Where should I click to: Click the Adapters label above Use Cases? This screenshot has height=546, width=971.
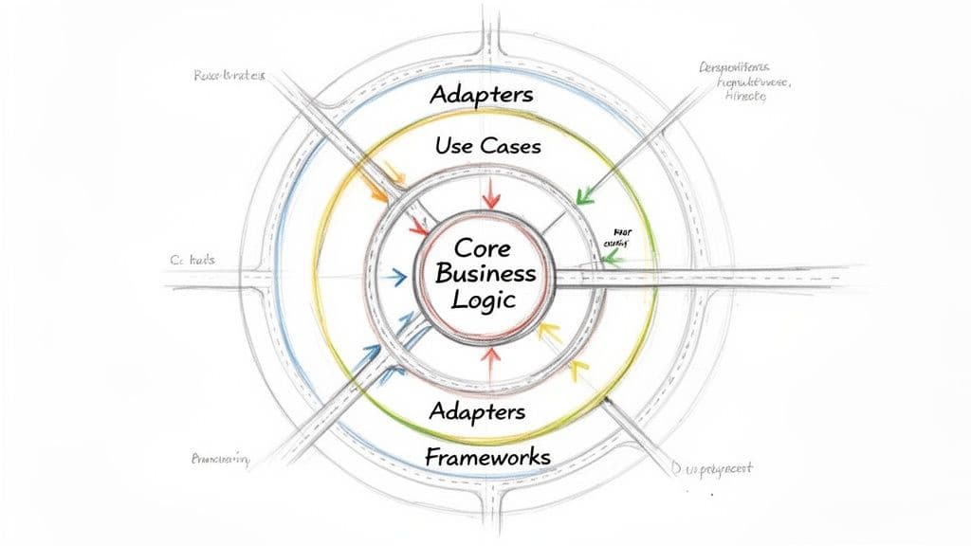pos(481,96)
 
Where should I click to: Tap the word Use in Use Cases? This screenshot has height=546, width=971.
pos(453,146)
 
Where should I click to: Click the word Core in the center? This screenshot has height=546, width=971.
pos(484,248)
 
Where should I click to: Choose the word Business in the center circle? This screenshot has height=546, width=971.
pos(484,274)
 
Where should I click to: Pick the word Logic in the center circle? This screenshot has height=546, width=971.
pos(484,300)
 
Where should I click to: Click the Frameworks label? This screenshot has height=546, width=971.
pos(487,457)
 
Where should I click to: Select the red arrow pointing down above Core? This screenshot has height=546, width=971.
pos(490,195)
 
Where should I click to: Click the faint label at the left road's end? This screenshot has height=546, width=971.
pos(195,260)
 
